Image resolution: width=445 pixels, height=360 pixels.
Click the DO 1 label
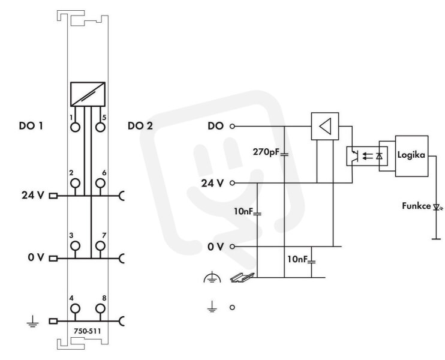click(31, 125)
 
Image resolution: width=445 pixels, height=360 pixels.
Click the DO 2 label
click(140, 125)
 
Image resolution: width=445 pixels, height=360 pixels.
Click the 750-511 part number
click(88, 331)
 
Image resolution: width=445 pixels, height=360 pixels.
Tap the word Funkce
click(416, 206)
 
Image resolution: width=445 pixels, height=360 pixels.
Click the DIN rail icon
click(242, 277)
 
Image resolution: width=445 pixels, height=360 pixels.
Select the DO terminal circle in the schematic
click(232, 127)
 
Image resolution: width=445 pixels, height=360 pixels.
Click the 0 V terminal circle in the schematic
click(232, 247)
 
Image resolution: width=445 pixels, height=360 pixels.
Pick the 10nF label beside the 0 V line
click(297, 259)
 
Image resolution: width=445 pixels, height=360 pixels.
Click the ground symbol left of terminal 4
click(32, 322)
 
